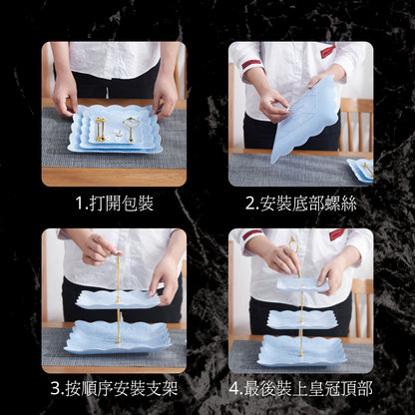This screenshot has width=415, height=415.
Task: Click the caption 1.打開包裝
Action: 115,204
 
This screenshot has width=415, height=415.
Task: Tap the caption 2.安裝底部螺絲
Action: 300,204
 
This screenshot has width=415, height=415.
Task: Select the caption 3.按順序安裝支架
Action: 114,388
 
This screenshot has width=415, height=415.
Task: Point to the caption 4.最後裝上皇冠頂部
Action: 300,388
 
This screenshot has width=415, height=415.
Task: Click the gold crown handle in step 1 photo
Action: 129,129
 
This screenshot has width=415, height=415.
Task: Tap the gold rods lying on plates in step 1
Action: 100,130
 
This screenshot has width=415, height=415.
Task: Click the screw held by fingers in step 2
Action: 288,108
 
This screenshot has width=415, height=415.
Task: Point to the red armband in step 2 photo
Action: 250,64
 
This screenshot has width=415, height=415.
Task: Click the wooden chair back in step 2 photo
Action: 356,124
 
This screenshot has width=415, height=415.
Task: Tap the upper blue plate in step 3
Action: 118,298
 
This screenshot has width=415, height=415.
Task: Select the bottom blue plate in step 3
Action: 118,336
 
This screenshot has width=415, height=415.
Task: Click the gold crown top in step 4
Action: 293,245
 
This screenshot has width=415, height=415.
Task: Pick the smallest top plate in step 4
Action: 302,285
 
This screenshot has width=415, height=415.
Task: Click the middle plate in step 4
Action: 302,319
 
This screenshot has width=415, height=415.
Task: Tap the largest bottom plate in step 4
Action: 301,350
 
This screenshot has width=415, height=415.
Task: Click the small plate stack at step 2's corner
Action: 360,167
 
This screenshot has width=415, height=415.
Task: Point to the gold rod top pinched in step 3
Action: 119,254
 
